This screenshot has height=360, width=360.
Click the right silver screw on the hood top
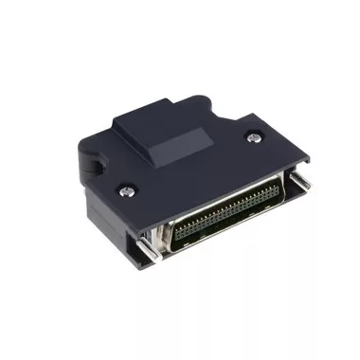253,137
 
